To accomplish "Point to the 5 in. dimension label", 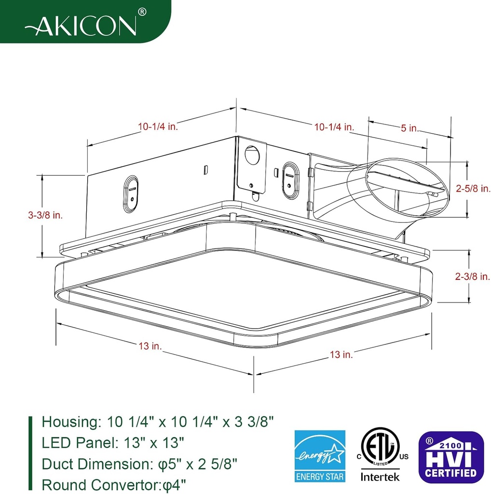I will pyautogui.click(x=410, y=128).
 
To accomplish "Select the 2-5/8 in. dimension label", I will pyautogui.click(x=473, y=189).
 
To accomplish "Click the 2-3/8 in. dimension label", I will pyautogui.click(x=472, y=276).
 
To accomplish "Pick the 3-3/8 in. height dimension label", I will pyautogui.click(x=45, y=215).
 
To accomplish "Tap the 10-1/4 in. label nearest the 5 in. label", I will pyautogui.click(x=334, y=127).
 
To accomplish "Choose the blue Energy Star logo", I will pyautogui.click(x=320, y=456).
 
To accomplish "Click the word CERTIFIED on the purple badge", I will pyautogui.click(x=450, y=472).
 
